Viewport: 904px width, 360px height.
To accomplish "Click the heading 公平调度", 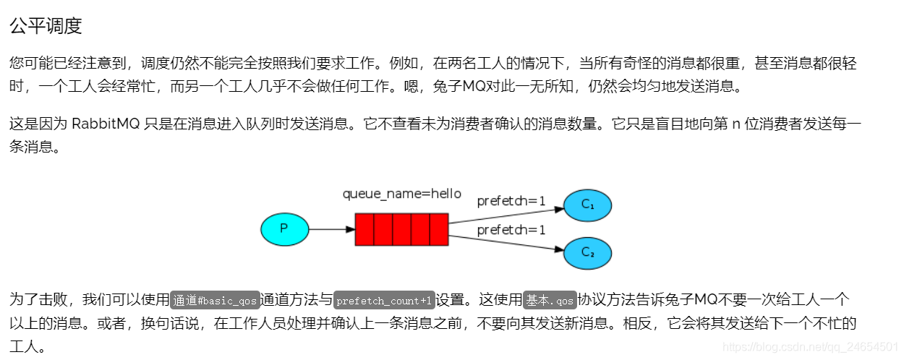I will [x=46, y=26].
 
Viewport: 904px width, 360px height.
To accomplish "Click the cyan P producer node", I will [x=284, y=229].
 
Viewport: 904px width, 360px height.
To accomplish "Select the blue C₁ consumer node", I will [x=587, y=205].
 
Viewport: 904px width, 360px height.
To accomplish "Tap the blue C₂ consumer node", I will [x=587, y=252].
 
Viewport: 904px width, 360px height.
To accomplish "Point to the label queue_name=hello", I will [x=401, y=194].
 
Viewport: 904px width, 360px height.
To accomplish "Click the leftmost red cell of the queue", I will [x=364, y=229].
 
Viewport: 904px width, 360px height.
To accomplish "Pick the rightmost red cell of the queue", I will [x=439, y=229].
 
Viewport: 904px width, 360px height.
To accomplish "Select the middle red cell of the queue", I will [x=401, y=229].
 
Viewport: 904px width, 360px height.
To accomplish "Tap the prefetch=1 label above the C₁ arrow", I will [x=511, y=201].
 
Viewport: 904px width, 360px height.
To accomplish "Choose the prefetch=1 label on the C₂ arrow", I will [x=511, y=230].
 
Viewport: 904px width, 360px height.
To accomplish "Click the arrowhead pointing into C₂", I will [x=559, y=249].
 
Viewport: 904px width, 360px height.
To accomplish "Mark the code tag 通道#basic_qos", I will [x=215, y=300].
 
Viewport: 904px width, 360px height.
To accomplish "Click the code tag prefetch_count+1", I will [x=384, y=300].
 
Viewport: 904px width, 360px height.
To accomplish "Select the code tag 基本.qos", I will [x=550, y=300].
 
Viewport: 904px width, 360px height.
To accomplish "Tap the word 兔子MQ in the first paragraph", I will [x=459, y=87].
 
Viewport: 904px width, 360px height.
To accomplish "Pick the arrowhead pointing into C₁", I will [x=559, y=209].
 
